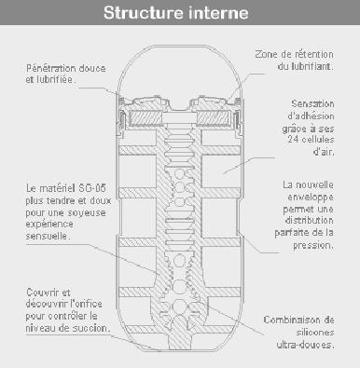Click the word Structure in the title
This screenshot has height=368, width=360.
[144, 13]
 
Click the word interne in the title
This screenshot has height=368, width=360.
[218, 13]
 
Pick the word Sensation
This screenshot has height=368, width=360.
[312, 103]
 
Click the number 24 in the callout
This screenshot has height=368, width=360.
[293, 140]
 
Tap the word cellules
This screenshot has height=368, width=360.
[318, 140]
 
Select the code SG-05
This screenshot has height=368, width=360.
[92, 188]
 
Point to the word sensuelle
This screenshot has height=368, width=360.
[48, 236]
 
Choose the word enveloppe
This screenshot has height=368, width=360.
[311, 197]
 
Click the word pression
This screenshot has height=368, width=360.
[313, 245]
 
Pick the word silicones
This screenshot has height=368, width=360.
[314, 333]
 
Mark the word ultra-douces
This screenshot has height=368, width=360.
[305, 345]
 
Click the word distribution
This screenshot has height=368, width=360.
[309, 221]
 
